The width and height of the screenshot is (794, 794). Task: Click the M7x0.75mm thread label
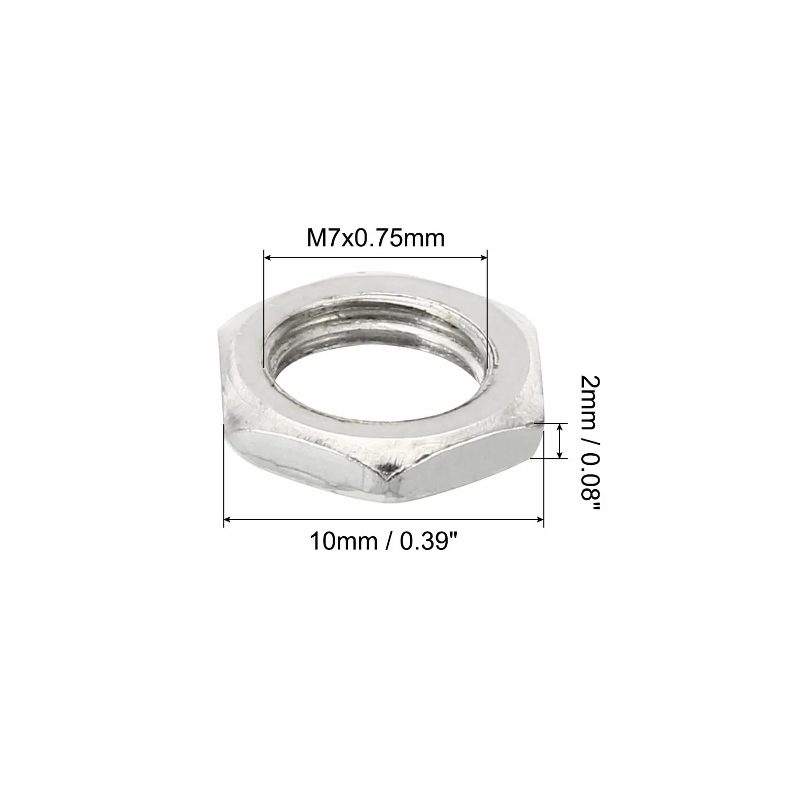[x=375, y=237]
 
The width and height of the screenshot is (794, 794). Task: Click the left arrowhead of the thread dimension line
[x=269, y=258]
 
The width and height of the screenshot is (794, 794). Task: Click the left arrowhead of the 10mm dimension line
[x=229, y=519]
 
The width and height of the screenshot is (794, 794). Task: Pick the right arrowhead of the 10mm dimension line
[x=538, y=519]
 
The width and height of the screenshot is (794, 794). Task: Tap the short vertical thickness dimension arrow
[x=560, y=441]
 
